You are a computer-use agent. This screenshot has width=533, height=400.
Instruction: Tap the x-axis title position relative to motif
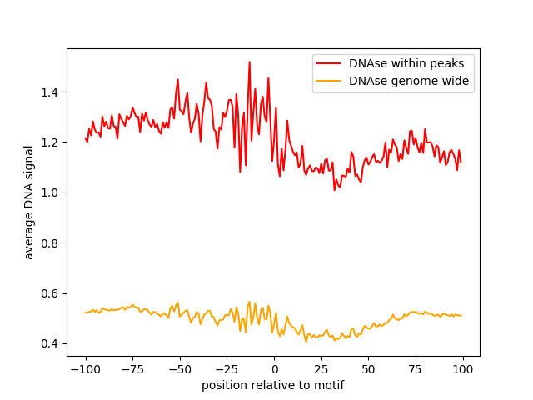(x=273, y=385)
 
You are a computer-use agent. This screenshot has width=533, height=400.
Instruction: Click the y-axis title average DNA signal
(x=29, y=202)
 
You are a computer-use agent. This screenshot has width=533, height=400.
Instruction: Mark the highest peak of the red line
(x=249, y=62)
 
